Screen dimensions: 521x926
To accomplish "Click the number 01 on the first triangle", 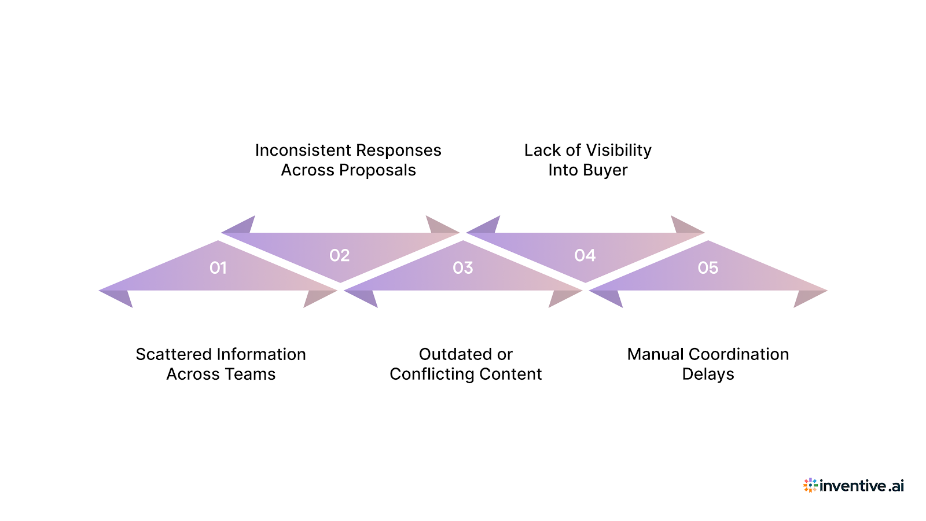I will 218,268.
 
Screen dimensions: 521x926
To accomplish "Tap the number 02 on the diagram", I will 340,255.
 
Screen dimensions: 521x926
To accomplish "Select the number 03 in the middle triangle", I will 463,268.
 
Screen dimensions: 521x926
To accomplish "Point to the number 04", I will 585,255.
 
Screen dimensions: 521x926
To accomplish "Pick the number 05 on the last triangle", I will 708,268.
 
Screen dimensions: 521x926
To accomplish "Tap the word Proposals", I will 377,170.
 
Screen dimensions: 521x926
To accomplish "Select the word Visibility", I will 619,151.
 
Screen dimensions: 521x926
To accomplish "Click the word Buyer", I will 605,170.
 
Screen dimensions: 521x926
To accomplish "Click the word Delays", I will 708,375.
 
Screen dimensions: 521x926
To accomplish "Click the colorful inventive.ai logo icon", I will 810,485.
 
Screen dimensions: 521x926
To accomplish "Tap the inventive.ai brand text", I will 862,486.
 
